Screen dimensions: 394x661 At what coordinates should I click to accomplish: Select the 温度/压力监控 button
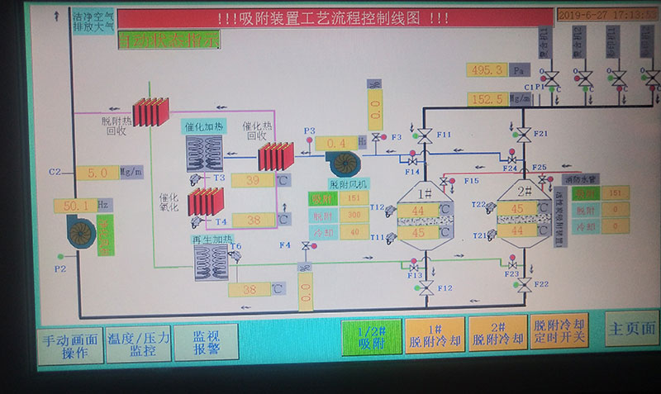[139, 343]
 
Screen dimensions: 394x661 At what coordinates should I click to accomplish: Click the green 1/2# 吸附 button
[370, 336]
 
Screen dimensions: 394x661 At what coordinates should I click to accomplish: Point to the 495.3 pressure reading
[487, 70]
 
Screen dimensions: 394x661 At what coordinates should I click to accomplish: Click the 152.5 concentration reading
[487, 99]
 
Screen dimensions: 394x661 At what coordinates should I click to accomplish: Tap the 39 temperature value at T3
[253, 181]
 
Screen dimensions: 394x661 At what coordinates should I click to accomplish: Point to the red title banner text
[335, 18]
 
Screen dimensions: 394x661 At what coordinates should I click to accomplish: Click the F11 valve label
[445, 134]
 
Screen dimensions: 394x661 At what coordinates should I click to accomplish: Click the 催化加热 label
[203, 126]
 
